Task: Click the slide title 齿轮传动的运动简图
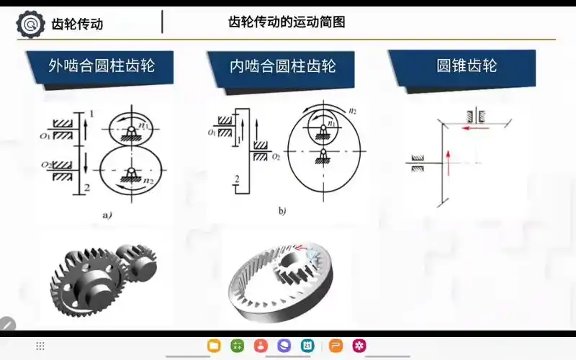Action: point(286,22)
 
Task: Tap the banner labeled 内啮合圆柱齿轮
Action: point(282,67)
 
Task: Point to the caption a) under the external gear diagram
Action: point(107,214)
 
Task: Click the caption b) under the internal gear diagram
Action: point(282,212)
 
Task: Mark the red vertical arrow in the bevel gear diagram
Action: point(448,162)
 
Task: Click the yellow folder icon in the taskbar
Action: point(214,346)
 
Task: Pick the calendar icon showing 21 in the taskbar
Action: point(307,346)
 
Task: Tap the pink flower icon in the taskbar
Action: point(359,346)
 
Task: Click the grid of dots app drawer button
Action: point(40,346)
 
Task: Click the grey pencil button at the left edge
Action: point(6,325)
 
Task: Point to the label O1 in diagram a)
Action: point(45,134)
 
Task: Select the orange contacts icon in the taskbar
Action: point(261,346)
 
